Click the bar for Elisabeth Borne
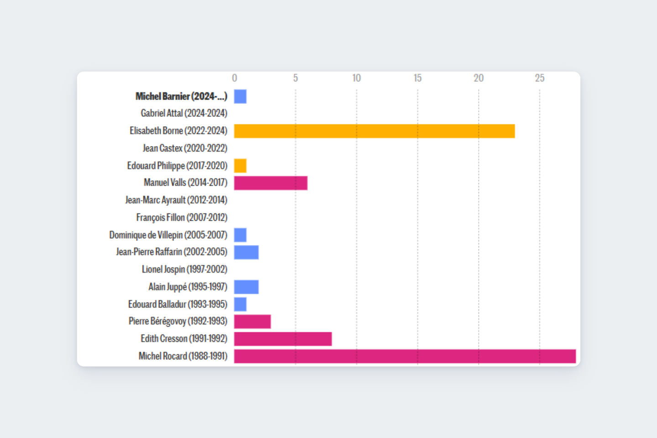pyautogui.click(x=374, y=131)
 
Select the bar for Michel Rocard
pyautogui.click(x=405, y=356)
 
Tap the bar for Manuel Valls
pyautogui.click(x=271, y=183)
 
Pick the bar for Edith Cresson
pyautogui.click(x=283, y=339)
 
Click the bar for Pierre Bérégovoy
pyautogui.click(x=252, y=322)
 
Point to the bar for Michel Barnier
pyautogui.click(x=240, y=96)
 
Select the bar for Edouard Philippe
pyautogui.click(x=240, y=166)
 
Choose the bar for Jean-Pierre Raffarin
pyautogui.click(x=246, y=252)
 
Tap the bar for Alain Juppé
pyautogui.click(x=246, y=287)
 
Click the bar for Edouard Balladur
pyautogui.click(x=240, y=304)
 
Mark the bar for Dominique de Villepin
pyautogui.click(x=240, y=235)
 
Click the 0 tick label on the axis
pyautogui.click(x=235, y=78)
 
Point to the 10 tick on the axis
pyautogui.click(x=356, y=78)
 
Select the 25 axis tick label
pyautogui.click(x=539, y=78)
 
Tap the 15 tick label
pyautogui.click(x=417, y=78)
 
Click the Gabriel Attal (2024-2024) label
pyautogui.click(x=184, y=113)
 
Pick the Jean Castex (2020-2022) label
pyautogui.click(x=185, y=148)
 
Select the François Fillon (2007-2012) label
pyautogui.click(x=182, y=218)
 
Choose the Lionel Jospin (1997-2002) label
pyautogui.click(x=184, y=270)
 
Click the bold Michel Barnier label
pyautogui.click(x=181, y=96)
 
